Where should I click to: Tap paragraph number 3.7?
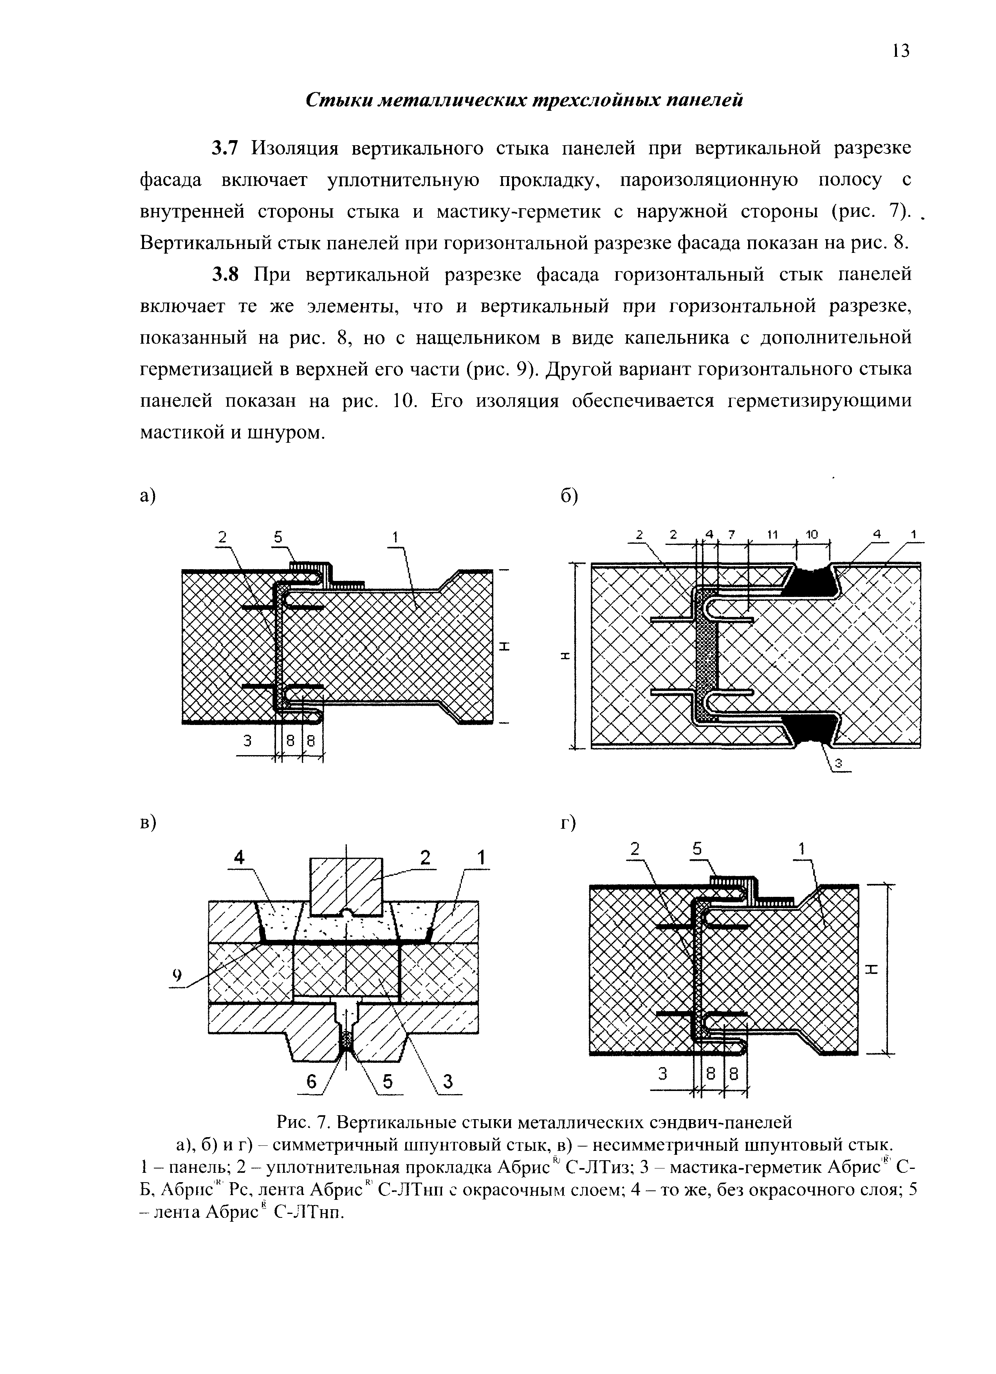coord(226,148)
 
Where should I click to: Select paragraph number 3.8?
coord(226,274)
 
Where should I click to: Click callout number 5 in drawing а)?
coord(278,536)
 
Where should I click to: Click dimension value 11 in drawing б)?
coord(772,534)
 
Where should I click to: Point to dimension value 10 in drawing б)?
coord(812,534)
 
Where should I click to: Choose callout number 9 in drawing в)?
coord(177,975)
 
